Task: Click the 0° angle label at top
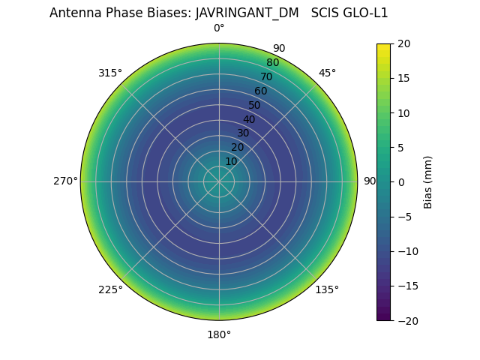point(219,28)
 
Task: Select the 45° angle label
point(327,73)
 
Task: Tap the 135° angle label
point(327,289)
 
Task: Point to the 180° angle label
point(219,334)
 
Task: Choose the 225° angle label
point(110,289)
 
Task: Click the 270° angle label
point(65,181)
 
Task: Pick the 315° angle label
point(110,73)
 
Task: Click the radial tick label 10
point(231,161)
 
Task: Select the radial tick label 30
point(243,133)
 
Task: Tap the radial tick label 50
point(255,105)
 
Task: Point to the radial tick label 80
point(272,62)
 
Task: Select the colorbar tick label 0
point(400,181)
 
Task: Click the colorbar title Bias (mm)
point(428,181)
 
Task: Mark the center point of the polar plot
point(219,181)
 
